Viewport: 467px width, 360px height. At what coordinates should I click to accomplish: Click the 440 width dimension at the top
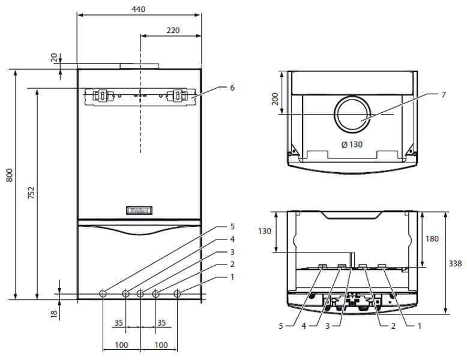[x=139, y=10]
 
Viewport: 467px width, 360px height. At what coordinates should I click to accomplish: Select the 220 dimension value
[x=173, y=30]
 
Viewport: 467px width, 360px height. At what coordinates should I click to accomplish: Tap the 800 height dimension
[x=8, y=175]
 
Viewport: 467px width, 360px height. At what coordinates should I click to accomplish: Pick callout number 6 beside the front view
[x=232, y=88]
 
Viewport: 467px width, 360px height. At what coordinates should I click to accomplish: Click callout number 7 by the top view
[x=444, y=94]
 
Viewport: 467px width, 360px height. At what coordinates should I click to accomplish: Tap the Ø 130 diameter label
[x=352, y=144]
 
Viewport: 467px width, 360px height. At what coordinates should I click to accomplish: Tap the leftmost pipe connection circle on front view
[x=103, y=293]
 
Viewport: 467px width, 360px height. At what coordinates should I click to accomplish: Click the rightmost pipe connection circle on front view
[x=177, y=293]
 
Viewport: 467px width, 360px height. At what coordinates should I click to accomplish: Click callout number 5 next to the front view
[x=232, y=227]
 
